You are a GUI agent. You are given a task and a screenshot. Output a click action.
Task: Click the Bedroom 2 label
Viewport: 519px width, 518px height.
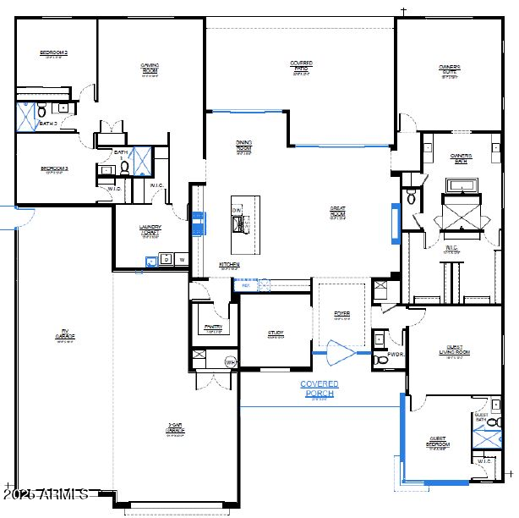tap(53, 54)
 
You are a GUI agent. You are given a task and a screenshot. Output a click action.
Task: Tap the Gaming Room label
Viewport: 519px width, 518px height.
tap(150, 68)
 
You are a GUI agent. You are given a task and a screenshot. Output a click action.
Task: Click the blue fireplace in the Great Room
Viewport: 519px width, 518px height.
tap(394, 222)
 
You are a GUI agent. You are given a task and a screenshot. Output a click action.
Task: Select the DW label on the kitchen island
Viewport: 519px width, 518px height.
tap(237, 209)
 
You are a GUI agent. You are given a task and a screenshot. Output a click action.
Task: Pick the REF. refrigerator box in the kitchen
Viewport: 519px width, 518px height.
tap(246, 285)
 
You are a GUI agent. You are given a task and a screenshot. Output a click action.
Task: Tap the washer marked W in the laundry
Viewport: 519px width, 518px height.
tap(181, 260)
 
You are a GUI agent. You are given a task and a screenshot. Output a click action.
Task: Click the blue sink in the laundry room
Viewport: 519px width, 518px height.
tap(152, 262)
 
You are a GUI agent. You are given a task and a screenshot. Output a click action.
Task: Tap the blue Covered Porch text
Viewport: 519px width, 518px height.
tap(320, 388)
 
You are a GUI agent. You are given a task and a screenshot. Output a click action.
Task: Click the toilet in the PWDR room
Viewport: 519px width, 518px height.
tap(379, 361)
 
